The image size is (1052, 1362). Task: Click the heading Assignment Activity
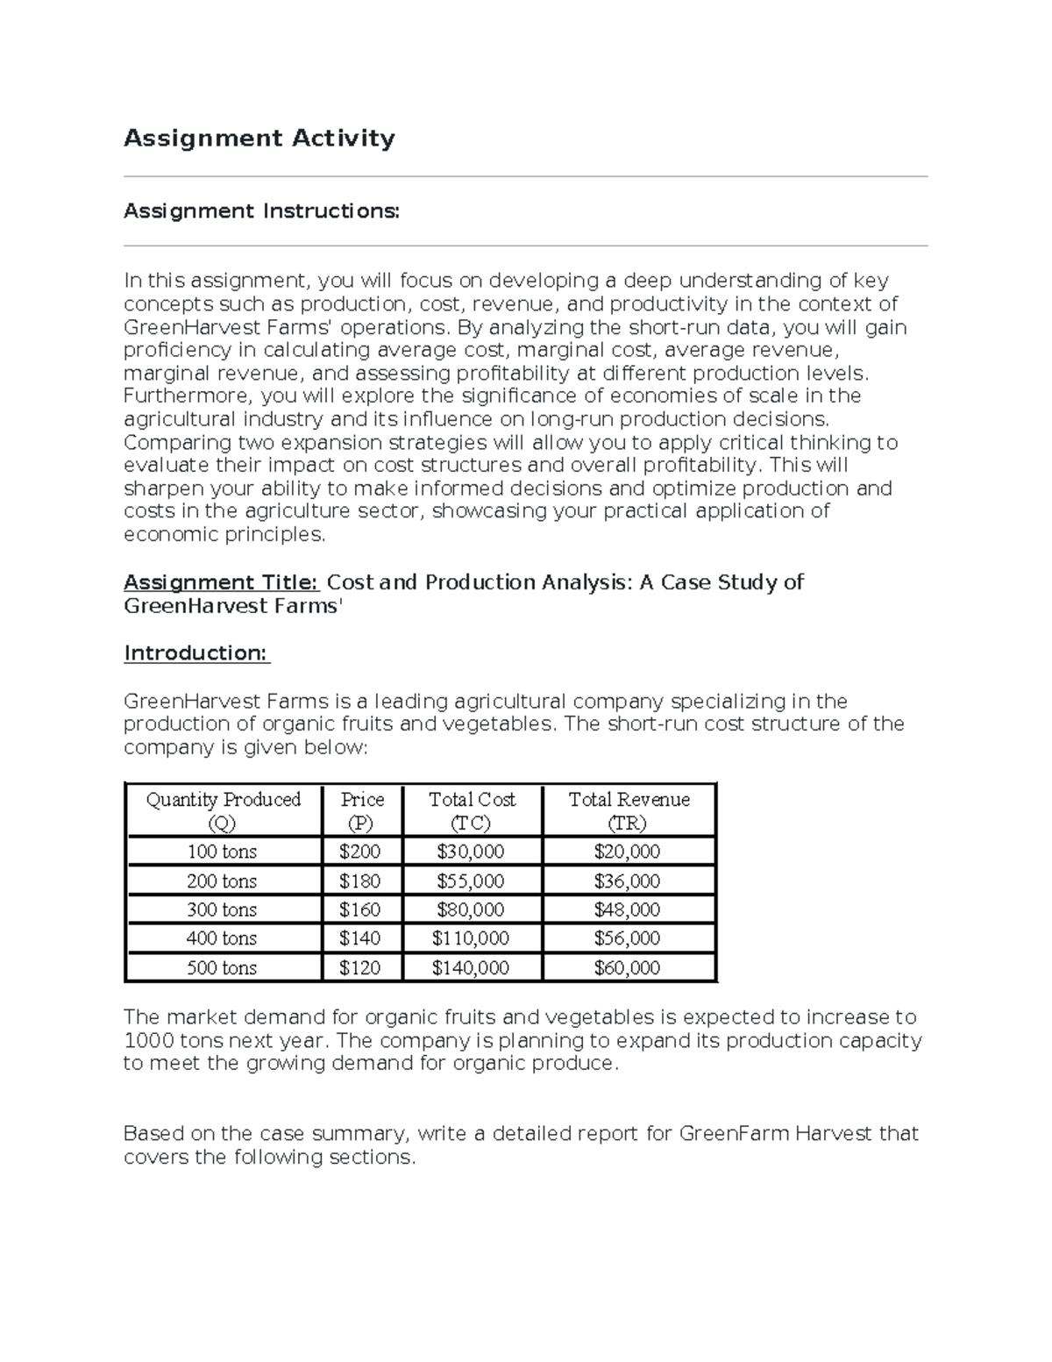point(259,139)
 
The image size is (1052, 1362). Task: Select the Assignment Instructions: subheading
point(261,211)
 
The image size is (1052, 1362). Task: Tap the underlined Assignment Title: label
point(221,583)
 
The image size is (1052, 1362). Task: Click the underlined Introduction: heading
point(196,653)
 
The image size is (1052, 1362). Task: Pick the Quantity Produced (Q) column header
point(223,810)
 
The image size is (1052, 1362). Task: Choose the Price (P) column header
point(362,810)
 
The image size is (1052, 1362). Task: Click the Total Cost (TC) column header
point(472,810)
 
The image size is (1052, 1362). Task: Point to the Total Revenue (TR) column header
point(629,810)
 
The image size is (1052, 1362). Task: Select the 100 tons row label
point(222,852)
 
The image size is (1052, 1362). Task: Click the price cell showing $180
point(359,881)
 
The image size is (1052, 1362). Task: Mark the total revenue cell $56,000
point(627,938)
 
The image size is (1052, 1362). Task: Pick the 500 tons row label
point(222,968)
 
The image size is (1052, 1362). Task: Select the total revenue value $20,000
point(627,852)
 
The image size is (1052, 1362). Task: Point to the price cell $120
point(359,968)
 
